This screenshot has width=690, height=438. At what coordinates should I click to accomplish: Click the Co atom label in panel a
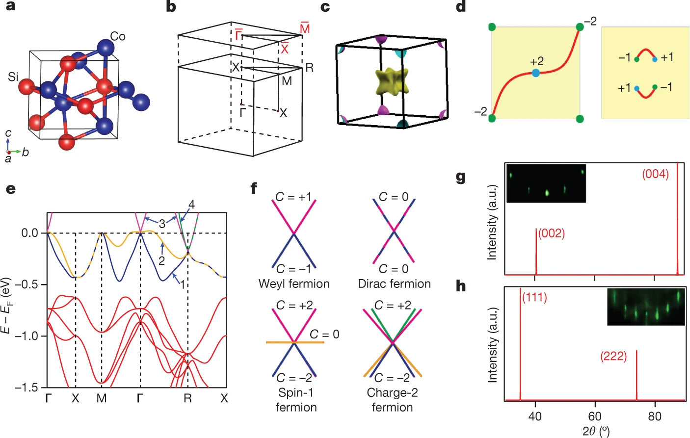coord(118,36)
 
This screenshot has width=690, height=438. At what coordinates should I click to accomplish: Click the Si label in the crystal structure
coord(13,77)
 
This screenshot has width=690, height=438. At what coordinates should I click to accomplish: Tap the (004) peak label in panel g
coord(655,174)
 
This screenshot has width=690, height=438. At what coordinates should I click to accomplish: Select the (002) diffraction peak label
coord(552,233)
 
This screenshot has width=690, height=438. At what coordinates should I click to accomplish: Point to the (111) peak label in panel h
coord(534,298)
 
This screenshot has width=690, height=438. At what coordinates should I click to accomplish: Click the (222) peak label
coord(613,356)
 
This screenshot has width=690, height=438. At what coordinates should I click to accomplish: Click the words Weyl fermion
coord(294,283)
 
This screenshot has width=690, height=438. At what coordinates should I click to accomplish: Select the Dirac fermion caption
coord(394,283)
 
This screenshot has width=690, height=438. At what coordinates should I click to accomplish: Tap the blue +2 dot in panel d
coord(536,73)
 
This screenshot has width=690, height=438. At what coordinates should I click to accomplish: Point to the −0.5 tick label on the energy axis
coord(28,284)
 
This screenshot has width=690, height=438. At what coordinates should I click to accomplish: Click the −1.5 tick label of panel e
coord(28,387)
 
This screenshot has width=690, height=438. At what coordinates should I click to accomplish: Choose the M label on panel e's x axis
coord(101,398)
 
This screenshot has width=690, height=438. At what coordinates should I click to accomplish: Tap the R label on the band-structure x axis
coord(187,398)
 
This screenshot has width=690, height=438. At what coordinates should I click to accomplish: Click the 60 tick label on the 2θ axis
coord(595,416)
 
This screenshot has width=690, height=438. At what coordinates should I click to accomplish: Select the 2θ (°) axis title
coord(596,431)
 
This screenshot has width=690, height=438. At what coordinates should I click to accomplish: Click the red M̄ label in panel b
coord(305,28)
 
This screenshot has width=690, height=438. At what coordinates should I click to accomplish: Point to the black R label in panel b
coord(309,68)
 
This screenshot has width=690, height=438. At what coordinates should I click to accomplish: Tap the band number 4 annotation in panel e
coord(191,205)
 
